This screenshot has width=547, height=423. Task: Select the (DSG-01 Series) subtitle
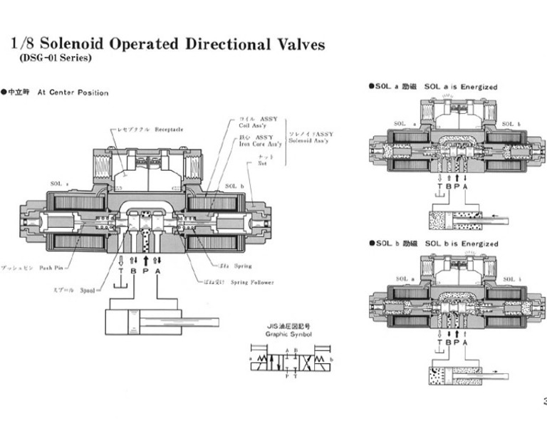click(51, 58)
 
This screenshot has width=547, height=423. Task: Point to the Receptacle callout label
click(170, 130)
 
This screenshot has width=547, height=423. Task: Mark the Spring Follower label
click(248, 282)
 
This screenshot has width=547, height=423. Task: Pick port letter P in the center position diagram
click(145, 271)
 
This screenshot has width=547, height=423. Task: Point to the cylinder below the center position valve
click(142, 321)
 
